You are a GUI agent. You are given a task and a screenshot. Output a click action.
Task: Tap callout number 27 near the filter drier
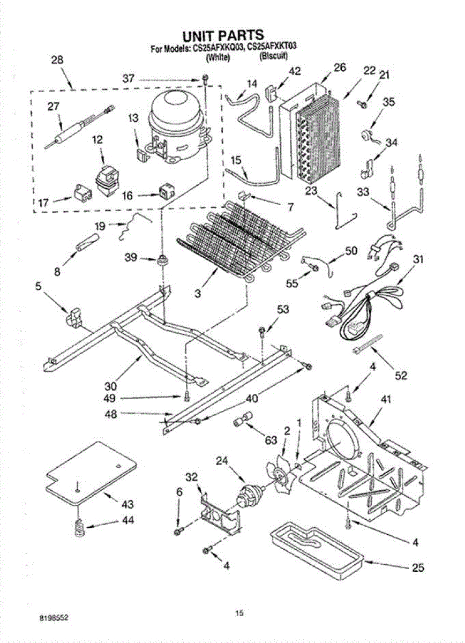coord(53,106)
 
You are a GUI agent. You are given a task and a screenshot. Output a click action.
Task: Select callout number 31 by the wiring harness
coord(418,260)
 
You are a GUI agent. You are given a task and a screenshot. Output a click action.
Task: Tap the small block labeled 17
coord(81,193)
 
